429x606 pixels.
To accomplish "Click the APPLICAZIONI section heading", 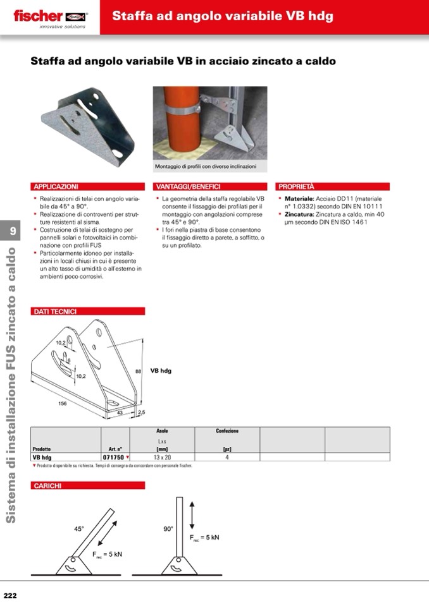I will click(x=56, y=187).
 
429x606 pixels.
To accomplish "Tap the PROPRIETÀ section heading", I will click(x=297, y=187).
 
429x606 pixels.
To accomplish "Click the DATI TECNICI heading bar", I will click(x=55, y=311).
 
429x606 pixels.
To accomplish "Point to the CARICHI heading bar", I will click(x=47, y=485).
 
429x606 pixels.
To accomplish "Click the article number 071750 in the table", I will click(x=114, y=457).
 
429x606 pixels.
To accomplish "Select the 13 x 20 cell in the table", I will click(x=162, y=457).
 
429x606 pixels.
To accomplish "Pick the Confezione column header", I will click(x=227, y=431).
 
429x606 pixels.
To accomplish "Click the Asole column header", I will click(x=162, y=431).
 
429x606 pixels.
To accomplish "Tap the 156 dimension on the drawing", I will click(x=63, y=403).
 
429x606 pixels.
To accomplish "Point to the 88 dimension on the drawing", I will click(x=138, y=371).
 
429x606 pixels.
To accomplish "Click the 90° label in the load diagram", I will click(x=168, y=529).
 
